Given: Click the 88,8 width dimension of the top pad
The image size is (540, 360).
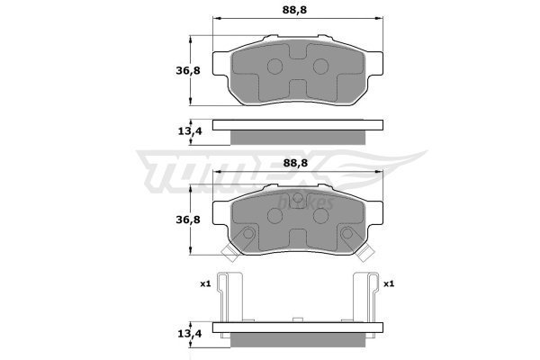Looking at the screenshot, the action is tap(294, 10).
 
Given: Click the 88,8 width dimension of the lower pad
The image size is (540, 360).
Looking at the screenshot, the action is tap(295, 162).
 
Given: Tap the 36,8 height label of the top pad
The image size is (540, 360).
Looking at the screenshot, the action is tap(188, 70).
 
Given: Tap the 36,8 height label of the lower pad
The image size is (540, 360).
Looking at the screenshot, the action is tap(188, 220).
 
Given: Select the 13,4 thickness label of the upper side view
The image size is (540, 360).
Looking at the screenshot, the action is tap(190, 130).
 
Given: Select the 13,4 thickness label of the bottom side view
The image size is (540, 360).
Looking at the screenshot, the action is tap(190, 333).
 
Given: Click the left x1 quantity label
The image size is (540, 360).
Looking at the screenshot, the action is tap(205, 283).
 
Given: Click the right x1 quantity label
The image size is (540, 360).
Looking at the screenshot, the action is tap(389, 283).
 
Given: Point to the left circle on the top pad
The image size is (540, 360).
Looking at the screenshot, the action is tap(274, 66).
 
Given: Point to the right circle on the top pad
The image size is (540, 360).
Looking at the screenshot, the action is tap(320, 66).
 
